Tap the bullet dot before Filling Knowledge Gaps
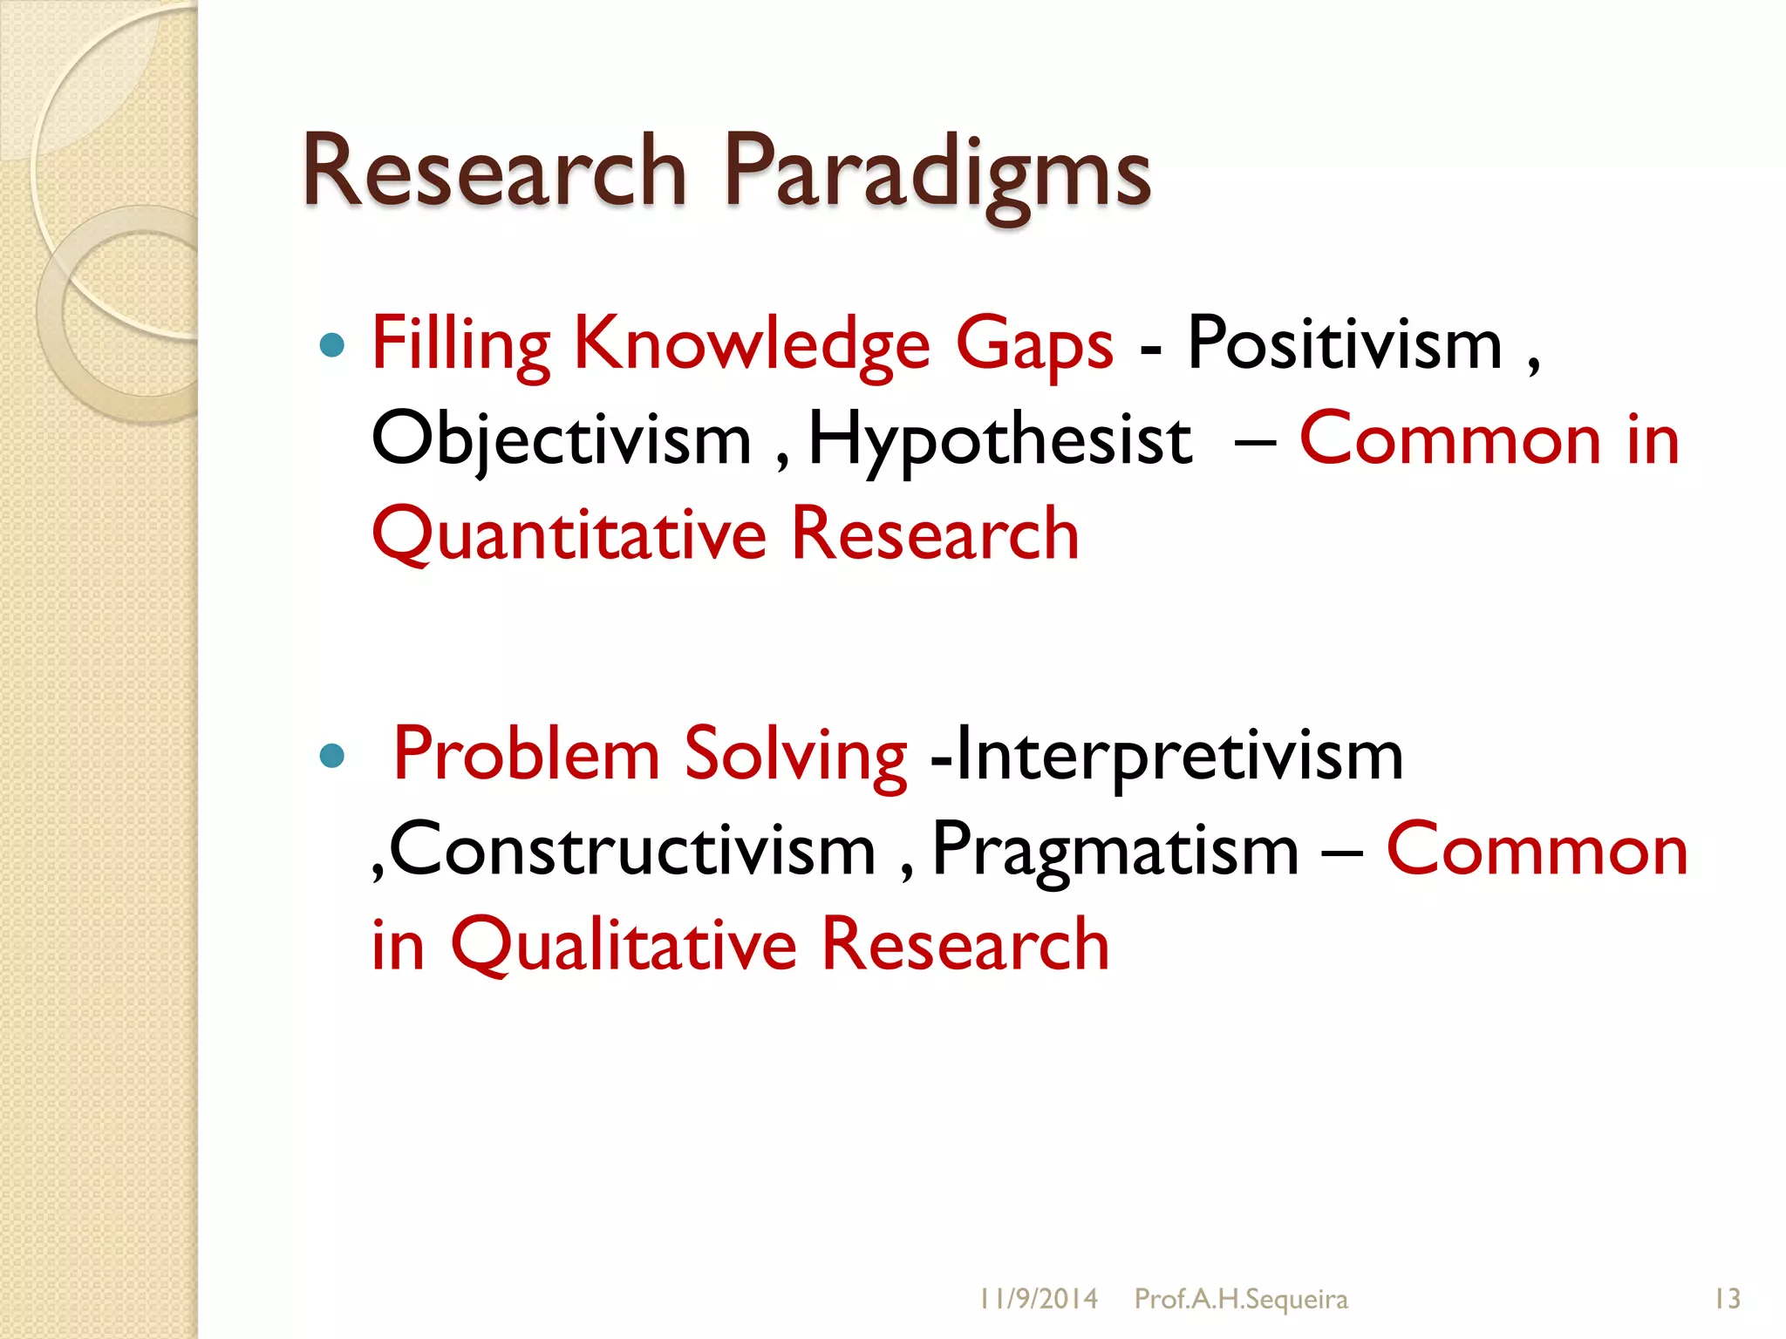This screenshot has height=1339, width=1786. (x=332, y=346)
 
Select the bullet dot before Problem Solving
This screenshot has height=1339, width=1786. (x=332, y=755)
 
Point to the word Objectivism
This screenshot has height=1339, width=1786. (x=561, y=440)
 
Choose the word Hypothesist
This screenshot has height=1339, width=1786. (x=999, y=440)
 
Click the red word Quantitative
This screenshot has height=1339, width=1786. (x=568, y=534)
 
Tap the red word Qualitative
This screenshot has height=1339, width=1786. (x=623, y=945)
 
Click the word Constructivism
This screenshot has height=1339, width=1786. (x=632, y=850)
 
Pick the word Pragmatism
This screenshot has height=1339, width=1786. (x=1115, y=850)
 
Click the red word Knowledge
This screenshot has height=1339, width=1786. (x=752, y=344)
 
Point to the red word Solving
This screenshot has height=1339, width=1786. (x=794, y=755)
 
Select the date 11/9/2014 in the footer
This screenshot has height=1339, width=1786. (x=1037, y=1299)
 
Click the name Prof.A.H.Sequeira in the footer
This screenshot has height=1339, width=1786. (x=1240, y=1299)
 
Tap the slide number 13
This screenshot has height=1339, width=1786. (x=1727, y=1299)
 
